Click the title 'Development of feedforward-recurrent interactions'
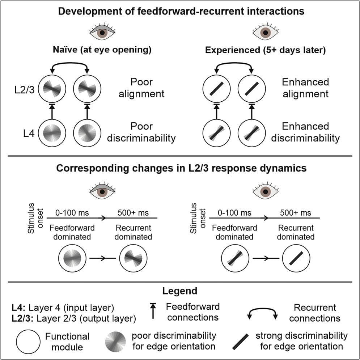tap(179, 11)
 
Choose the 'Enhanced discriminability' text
tap(306, 132)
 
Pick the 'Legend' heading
tap(180, 291)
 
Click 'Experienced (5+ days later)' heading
tap(266, 50)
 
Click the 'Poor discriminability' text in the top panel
tap(142, 132)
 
